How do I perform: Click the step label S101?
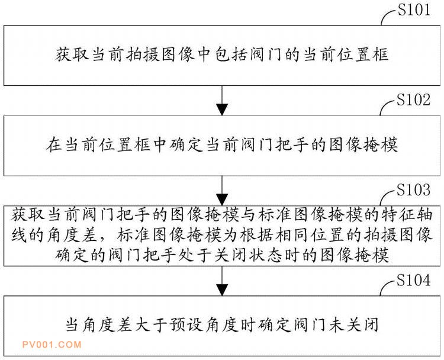click(x=414, y=10)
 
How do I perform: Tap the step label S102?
click(x=413, y=100)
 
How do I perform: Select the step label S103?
click(x=413, y=190)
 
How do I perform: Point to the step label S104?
click(x=413, y=281)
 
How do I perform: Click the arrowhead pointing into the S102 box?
click(x=222, y=110)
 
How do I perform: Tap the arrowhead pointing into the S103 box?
click(x=222, y=200)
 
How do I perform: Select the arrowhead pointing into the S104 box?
click(x=222, y=290)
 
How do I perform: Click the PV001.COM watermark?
click(x=52, y=345)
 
